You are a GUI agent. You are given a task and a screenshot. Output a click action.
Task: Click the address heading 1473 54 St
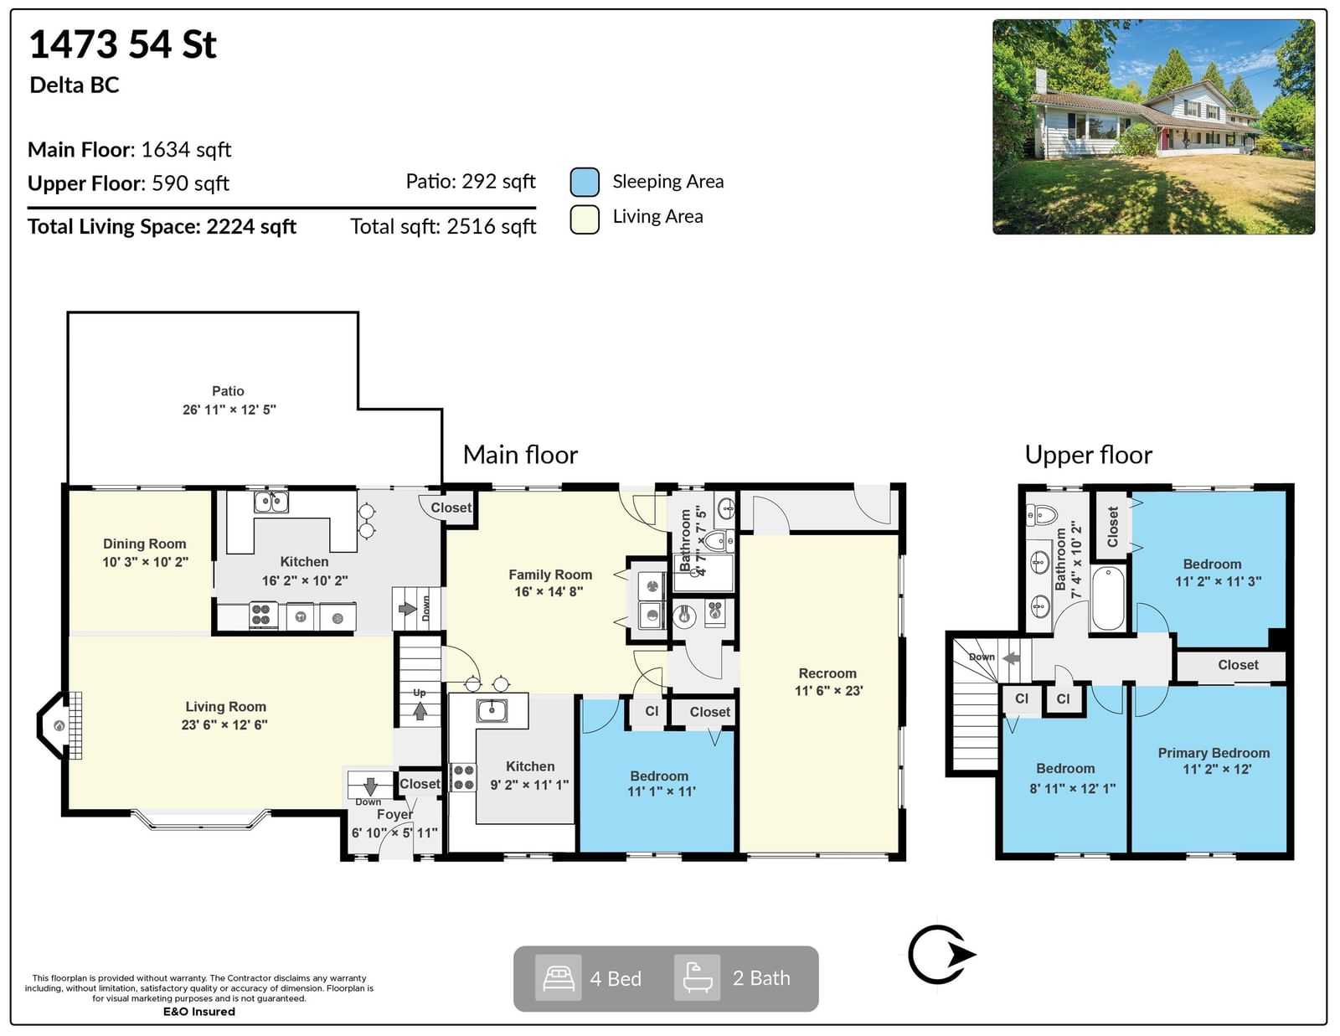tap(123, 44)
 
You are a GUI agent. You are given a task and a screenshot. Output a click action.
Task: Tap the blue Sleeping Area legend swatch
tap(584, 181)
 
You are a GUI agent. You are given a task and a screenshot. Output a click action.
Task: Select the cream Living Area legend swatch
tap(584, 219)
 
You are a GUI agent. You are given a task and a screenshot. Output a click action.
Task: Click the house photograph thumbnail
tap(1153, 126)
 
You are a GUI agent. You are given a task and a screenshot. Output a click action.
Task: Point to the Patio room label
tap(228, 391)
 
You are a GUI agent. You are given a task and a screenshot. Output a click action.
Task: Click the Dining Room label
tap(144, 544)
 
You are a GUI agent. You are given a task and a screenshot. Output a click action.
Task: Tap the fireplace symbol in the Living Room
tap(59, 725)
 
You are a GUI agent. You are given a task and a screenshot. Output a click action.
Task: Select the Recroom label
tap(827, 673)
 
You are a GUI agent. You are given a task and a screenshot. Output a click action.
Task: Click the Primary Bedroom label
tap(1214, 753)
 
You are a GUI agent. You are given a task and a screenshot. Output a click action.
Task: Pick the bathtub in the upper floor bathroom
tap(1108, 598)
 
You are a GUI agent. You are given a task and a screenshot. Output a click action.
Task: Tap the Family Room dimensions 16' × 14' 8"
tap(549, 592)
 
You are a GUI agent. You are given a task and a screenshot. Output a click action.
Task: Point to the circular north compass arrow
tap(941, 955)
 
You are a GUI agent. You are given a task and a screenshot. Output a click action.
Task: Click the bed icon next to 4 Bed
tap(558, 978)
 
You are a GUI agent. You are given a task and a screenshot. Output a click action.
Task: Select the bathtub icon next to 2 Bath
tap(697, 977)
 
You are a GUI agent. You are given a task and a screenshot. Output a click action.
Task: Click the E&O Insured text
tap(199, 1012)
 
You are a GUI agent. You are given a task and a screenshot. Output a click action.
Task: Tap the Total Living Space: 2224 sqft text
tap(162, 227)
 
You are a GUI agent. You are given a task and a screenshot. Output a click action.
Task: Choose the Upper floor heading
tap(1089, 455)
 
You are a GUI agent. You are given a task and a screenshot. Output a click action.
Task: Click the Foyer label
tap(394, 815)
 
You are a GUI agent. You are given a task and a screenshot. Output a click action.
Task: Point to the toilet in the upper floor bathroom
tap(1041, 514)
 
